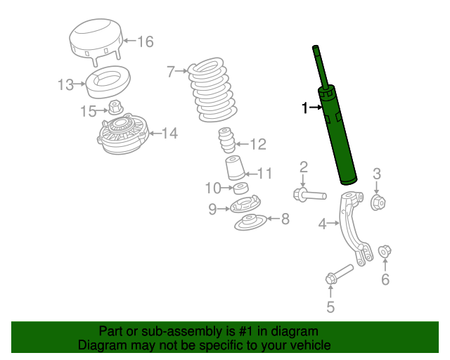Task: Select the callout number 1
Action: pyautogui.click(x=305, y=108)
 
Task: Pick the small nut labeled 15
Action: pyautogui.click(x=115, y=109)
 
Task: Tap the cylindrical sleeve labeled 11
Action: pyautogui.click(x=233, y=170)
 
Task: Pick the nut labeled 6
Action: pyautogui.click(x=385, y=251)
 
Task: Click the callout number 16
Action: pyautogui.click(x=144, y=42)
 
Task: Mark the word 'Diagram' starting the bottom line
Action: pyautogui.click(x=101, y=345)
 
